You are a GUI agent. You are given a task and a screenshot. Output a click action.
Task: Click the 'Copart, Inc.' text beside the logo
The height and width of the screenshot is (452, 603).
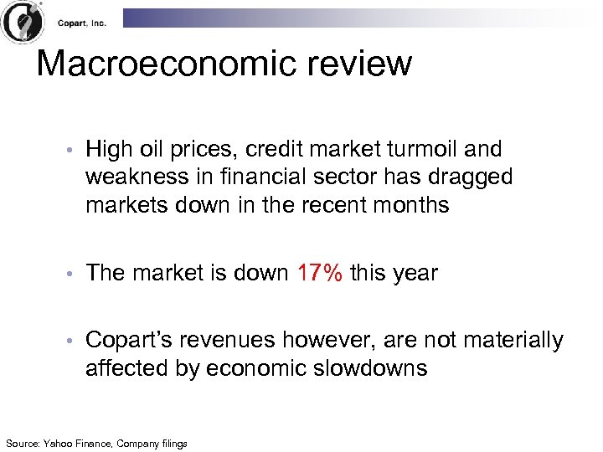coord(82,23)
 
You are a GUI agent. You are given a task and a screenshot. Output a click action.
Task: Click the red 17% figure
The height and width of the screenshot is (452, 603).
coord(320,273)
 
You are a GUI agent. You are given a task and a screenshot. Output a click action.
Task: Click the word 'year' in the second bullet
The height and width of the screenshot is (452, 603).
coord(412,274)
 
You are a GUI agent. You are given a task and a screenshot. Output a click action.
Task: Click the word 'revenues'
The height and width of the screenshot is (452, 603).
coord(231,341)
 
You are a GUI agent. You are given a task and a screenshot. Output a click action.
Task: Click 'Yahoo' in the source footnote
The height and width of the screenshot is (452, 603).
coord(59,443)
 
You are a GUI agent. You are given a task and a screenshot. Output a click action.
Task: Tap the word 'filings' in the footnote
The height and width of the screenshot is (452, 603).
coord(172,443)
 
